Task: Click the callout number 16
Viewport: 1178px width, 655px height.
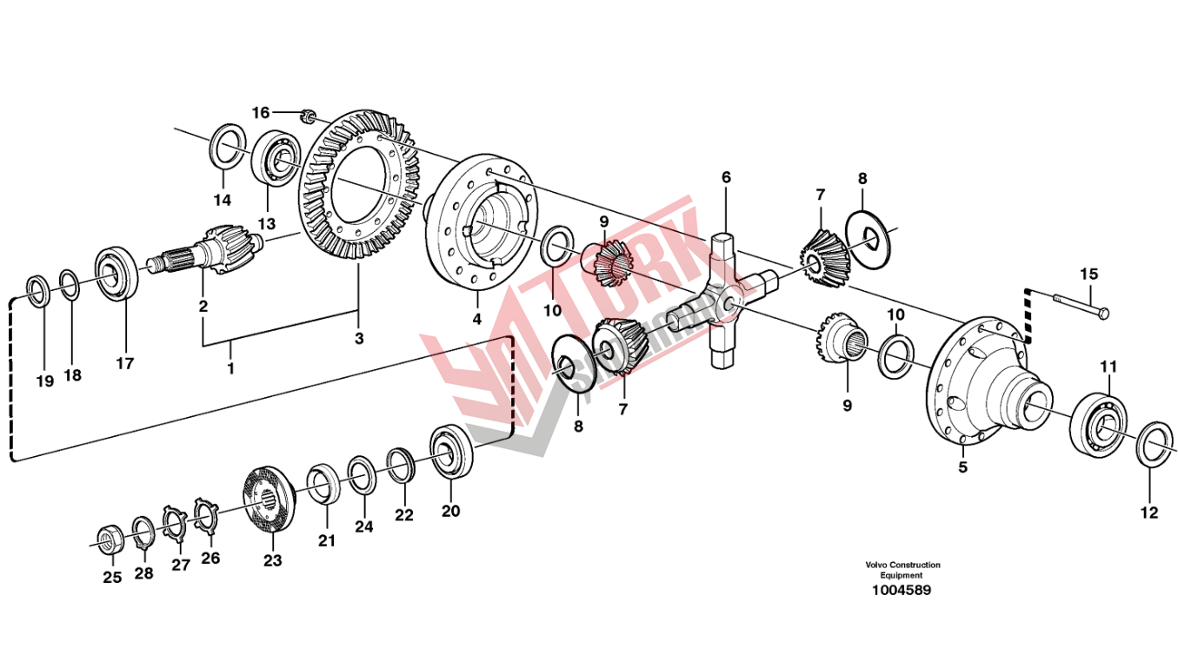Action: (262, 112)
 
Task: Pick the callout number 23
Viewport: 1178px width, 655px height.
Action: (273, 561)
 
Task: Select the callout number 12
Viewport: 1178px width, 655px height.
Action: (1149, 513)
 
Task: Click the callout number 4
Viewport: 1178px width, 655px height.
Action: (476, 319)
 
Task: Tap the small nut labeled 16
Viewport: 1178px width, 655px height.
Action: (307, 116)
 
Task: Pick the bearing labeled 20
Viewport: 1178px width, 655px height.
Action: (451, 452)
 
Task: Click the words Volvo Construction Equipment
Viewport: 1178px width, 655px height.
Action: (902, 570)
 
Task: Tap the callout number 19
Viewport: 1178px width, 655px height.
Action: (44, 380)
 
